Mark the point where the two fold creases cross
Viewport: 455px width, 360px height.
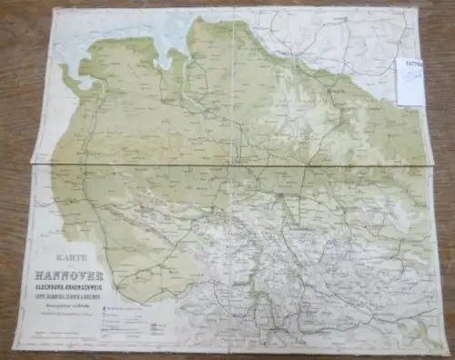pos(236,165)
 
